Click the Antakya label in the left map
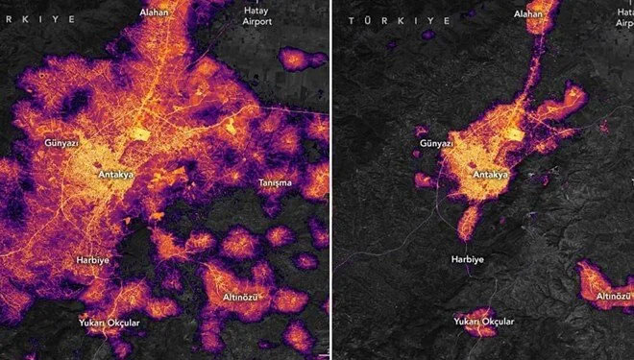115,175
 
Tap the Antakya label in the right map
492,175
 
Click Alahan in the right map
528,14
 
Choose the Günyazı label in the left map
61,142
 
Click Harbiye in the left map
96,260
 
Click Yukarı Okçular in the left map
109,323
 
